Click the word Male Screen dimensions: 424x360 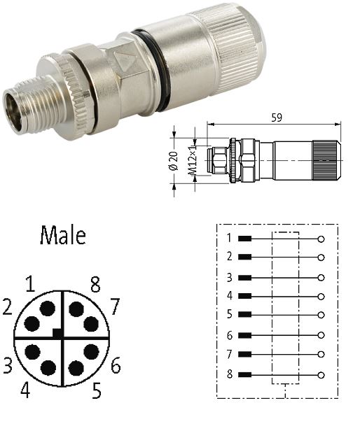[x=63, y=234]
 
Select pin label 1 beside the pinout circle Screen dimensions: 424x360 [x=29, y=284]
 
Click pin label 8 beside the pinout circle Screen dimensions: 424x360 [x=95, y=284]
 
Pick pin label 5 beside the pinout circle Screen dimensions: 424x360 [x=95, y=389]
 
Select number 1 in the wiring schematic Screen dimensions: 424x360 [x=228, y=238]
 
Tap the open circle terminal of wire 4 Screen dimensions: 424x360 [x=321, y=296]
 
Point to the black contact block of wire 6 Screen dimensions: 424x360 [x=244, y=335]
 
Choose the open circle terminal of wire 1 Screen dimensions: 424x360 [x=321, y=239]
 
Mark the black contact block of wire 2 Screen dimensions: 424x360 [x=244, y=257]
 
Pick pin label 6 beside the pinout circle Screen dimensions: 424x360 [x=116, y=365]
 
